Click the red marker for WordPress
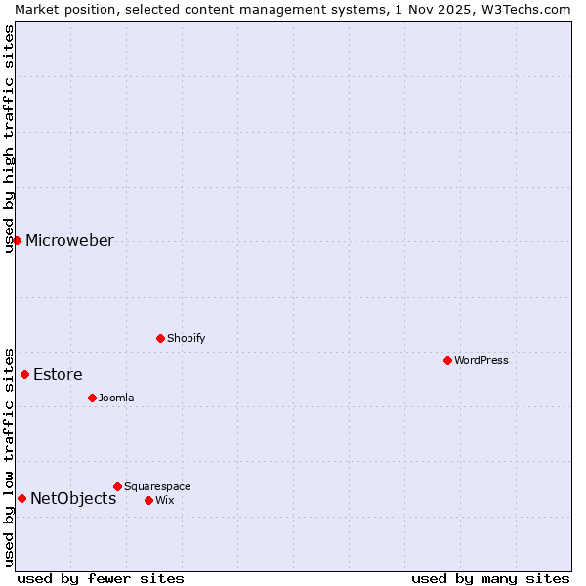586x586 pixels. click(x=447, y=360)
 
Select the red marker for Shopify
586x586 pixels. click(x=160, y=338)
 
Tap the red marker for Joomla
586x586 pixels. click(x=92, y=398)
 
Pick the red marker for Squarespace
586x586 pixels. click(x=117, y=486)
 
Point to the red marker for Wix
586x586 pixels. click(x=148, y=500)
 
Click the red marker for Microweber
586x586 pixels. click(x=17, y=240)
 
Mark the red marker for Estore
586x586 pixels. click(x=24, y=374)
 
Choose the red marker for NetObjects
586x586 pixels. click(x=21, y=498)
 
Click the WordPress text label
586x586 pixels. click(x=481, y=360)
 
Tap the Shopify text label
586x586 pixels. click(x=186, y=338)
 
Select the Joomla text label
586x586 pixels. click(x=116, y=398)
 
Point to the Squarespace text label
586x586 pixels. click(x=157, y=486)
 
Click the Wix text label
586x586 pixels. click(x=164, y=500)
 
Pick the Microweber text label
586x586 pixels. click(x=69, y=241)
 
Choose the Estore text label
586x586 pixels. click(x=58, y=374)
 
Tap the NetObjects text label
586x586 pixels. click(x=73, y=499)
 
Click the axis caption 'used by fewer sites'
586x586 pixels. click(x=101, y=578)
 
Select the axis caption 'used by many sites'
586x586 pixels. click(x=490, y=578)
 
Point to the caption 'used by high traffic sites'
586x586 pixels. click(x=9, y=139)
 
